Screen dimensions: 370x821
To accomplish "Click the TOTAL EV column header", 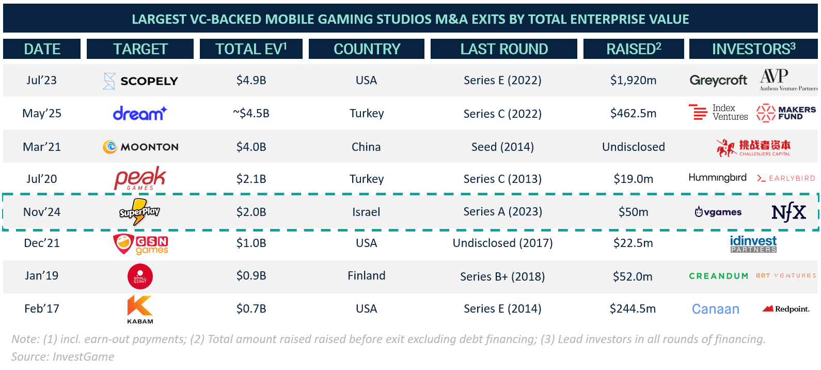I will point(251,49).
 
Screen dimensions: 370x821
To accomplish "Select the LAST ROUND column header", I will point(504,49).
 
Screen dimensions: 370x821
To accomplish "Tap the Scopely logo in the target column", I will point(140,81).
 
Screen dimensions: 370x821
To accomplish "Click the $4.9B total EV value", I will point(251,80).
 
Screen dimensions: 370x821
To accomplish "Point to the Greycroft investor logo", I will point(718,80).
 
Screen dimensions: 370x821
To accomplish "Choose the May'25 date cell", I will point(42,113).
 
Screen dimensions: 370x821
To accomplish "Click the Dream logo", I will point(140,113).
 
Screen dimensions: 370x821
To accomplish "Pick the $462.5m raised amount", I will point(633,113).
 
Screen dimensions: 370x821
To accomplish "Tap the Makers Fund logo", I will point(786,113).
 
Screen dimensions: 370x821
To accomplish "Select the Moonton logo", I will point(140,147).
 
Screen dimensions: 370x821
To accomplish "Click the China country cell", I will point(366,147).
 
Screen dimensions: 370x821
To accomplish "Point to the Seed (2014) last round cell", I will point(502,147).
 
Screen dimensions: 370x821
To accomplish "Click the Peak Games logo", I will point(140,178).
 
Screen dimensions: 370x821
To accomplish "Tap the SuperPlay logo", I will point(139,212).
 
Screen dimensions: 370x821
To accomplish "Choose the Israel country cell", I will point(366,212).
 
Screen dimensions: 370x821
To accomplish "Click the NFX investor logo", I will point(788,212).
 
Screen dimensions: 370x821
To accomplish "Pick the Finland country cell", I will point(366,275).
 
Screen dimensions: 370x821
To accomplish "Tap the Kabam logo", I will point(140,309).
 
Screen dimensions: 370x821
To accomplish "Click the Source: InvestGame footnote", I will point(63,357).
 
